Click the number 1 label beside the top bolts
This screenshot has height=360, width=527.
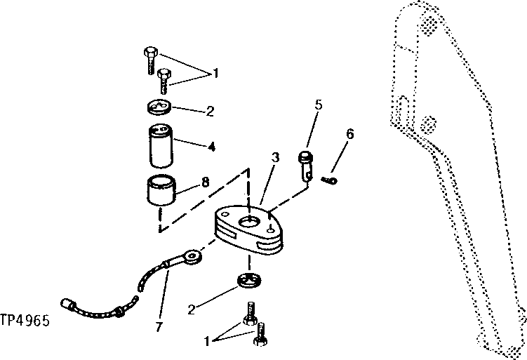point(216,73)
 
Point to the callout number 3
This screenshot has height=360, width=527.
point(276,158)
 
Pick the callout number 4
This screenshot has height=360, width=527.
point(211,147)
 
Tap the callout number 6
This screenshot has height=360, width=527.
point(350,134)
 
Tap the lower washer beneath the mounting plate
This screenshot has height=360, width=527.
point(250,284)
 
